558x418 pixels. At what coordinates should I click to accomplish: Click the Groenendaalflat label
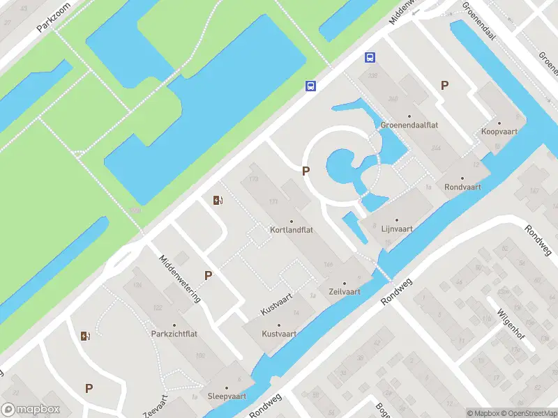point(409,125)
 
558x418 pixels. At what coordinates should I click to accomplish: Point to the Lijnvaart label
point(396,228)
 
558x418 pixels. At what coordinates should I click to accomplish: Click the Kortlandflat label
point(291,229)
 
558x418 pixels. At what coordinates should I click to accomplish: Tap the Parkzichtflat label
point(174,334)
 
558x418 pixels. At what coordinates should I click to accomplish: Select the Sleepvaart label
point(227,396)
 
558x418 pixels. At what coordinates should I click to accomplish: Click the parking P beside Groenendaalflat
point(444,85)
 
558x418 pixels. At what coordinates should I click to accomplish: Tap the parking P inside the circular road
point(305,171)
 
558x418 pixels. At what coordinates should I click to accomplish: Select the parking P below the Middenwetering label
point(208,275)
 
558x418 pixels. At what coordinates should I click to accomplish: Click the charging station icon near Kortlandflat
point(218,201)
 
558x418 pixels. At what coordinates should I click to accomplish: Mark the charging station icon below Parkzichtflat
point(86,336)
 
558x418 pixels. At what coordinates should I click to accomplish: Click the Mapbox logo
point(31,410)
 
